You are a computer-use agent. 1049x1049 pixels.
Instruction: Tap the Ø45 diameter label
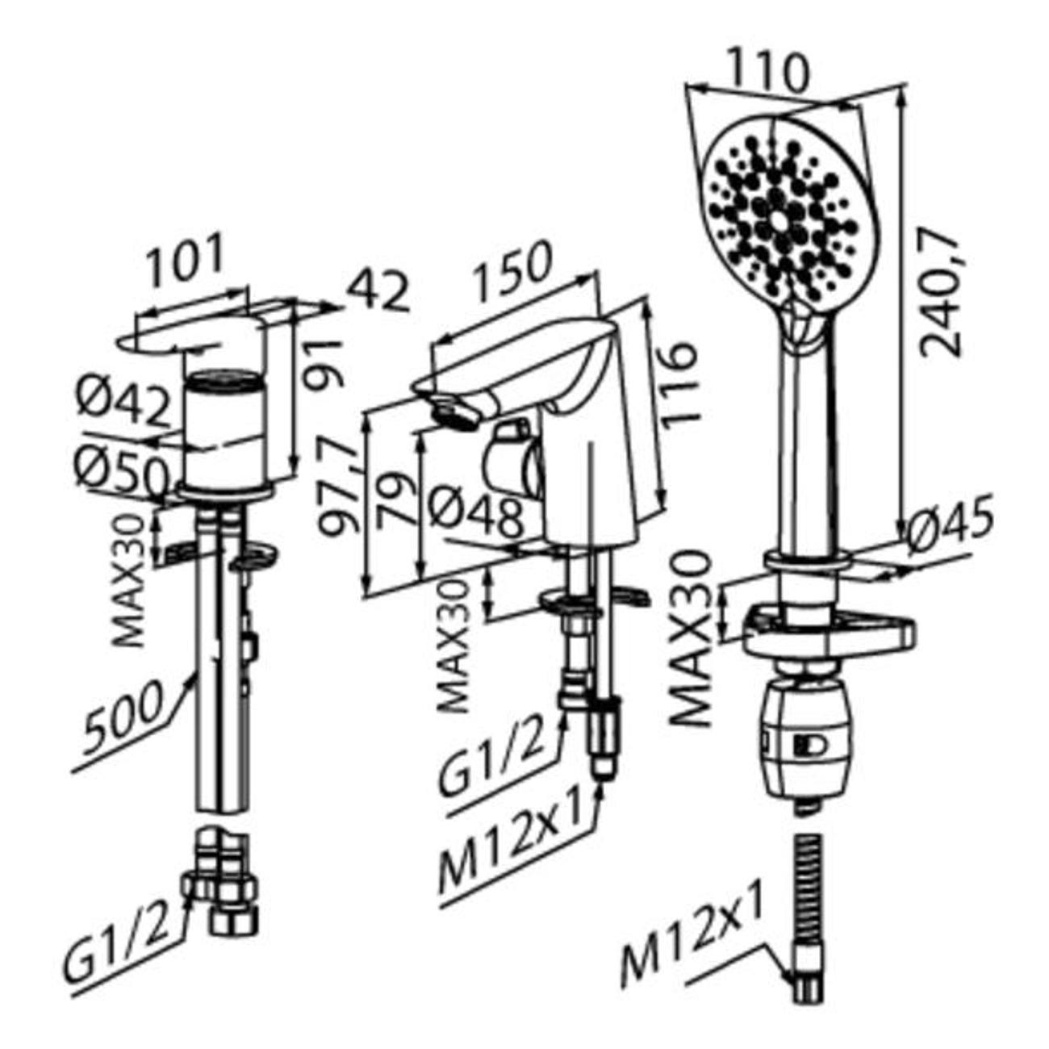(x=951, y=523)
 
